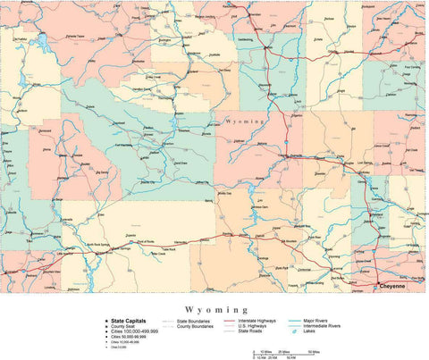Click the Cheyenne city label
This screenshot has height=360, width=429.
(x=391, y=287)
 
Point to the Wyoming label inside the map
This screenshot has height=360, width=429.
(x=243, y=120)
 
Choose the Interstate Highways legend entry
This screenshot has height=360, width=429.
(x=257, y=319)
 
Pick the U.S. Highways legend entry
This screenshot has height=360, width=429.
(x=252, y=325)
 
